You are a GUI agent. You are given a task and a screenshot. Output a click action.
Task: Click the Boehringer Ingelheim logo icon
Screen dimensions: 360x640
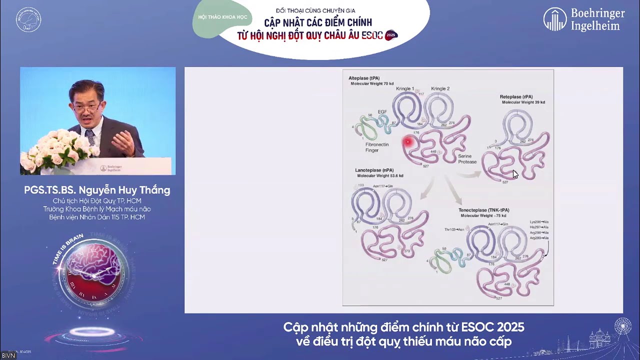pos(555,19)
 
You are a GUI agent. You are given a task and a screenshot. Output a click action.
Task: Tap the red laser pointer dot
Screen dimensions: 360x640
pos(407,142)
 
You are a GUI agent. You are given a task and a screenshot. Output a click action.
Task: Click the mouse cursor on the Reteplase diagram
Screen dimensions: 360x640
pos(515,173)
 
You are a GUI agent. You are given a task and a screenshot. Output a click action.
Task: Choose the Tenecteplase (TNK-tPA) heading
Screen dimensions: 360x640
pos(483,210)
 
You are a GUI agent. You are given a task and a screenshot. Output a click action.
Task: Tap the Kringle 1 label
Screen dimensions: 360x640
pos(405,88)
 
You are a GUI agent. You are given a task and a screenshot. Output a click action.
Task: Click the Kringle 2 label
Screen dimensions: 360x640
pos(440,88)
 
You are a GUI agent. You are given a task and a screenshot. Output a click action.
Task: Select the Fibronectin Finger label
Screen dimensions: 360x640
pos(376,147)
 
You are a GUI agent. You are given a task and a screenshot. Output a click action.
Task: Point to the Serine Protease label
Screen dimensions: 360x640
pos(467,159)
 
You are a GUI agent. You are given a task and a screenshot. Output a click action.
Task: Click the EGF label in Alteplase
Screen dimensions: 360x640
pos(382,111)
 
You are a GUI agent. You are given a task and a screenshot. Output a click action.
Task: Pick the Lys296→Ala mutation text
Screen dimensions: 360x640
pos(539,221)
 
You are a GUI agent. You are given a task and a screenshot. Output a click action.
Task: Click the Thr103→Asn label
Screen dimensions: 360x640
pos(454,229)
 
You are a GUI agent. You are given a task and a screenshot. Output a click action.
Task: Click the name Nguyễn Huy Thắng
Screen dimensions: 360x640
pos(124,190)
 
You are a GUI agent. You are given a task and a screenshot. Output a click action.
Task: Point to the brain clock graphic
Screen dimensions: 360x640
pos(92,272)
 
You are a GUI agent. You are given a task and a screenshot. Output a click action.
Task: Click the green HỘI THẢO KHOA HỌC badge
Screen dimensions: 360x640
pos(222,17)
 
